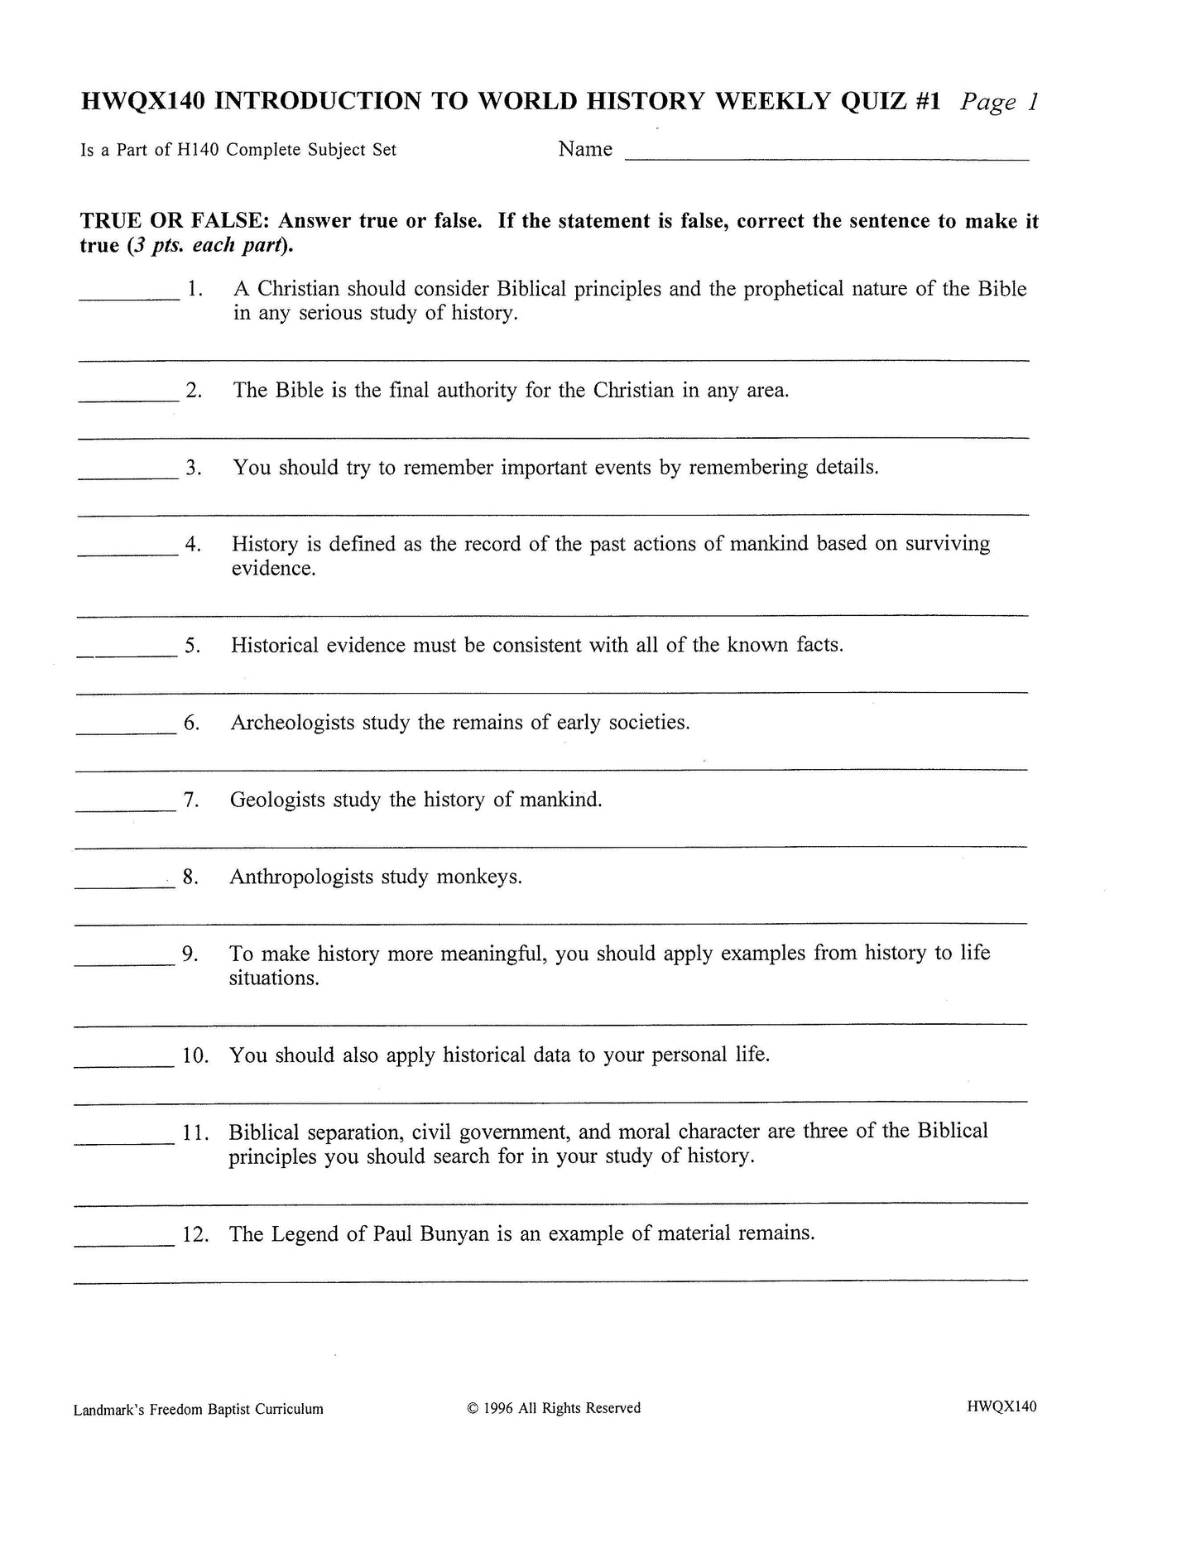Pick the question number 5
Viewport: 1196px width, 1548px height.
coord(193,646)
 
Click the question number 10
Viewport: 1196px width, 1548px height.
coord(195,1055)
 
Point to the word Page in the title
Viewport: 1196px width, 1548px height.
coord(988,102)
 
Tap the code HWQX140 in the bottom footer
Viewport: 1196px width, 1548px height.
coord(1001,1406)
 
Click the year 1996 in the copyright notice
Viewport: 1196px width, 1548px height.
coord(499,1407)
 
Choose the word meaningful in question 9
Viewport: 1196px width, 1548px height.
coord(493,954)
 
